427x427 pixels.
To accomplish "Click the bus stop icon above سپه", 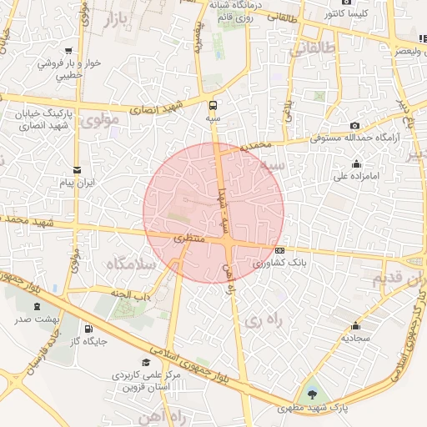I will (x=213, y=105).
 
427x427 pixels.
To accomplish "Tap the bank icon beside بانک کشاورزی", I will (x=279, y=250).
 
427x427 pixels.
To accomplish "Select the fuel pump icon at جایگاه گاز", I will (x=89, y=328).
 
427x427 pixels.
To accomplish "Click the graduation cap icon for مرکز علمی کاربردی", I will (x=146, y=363).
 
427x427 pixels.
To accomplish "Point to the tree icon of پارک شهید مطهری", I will (x=313, y=391).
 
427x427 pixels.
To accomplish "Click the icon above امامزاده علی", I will (x=357, y=163).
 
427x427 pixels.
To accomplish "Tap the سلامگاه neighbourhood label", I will (x=132, y=264).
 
